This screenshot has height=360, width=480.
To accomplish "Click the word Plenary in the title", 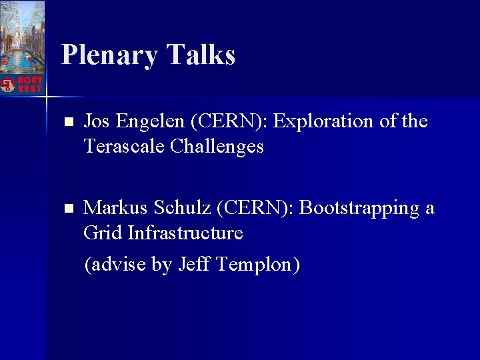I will point(108,55).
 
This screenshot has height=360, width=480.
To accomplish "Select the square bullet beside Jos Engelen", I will point(67,123).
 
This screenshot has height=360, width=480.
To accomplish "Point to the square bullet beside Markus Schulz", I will point(67,209).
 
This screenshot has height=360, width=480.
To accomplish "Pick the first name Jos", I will point(97,121).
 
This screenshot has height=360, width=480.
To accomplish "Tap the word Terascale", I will point(125,146).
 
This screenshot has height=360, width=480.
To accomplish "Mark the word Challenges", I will point(217,147).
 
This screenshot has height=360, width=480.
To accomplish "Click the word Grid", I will point(103,233).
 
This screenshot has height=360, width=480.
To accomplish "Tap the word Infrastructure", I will point(185,233).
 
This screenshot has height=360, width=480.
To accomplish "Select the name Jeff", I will point(193,265).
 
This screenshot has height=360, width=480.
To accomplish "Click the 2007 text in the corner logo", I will point(30,89).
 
